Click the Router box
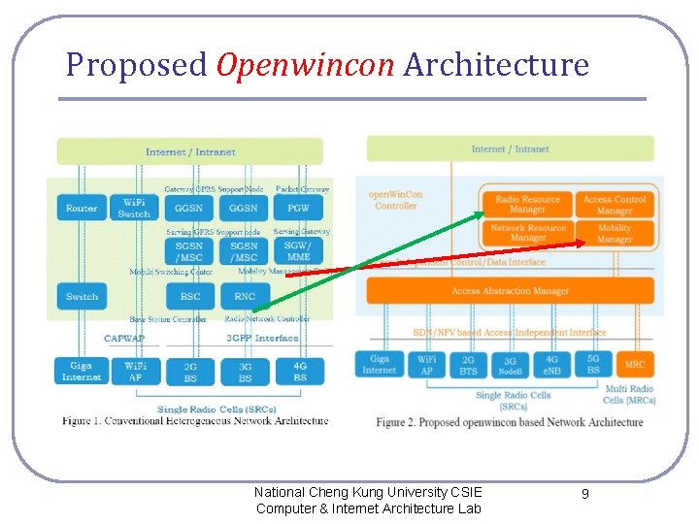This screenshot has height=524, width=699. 82,208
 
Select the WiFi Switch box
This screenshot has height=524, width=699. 134,208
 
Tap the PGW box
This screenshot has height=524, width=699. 298,208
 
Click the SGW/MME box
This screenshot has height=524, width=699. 298,251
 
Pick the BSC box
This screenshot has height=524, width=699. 190,296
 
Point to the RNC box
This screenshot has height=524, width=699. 245,296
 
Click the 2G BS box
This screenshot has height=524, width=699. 190,371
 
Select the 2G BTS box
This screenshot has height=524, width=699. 468,365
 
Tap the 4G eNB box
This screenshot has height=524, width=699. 551,365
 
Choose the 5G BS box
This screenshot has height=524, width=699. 592,365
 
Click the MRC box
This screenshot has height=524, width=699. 634,365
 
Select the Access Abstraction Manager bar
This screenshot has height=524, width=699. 510,290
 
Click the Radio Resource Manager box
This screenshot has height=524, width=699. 527,204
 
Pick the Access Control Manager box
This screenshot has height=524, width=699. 615,204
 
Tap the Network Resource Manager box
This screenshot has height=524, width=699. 527,233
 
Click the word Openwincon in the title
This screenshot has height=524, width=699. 305,65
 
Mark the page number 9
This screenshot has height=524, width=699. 584,495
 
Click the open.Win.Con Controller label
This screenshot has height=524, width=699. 395,200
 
